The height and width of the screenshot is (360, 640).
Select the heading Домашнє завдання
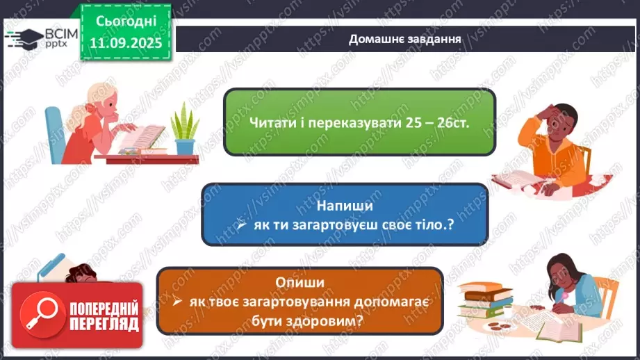pos(405,38)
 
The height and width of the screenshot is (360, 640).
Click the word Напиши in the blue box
pos(345,206)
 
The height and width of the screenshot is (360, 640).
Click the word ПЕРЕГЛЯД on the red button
pos(104,325)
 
